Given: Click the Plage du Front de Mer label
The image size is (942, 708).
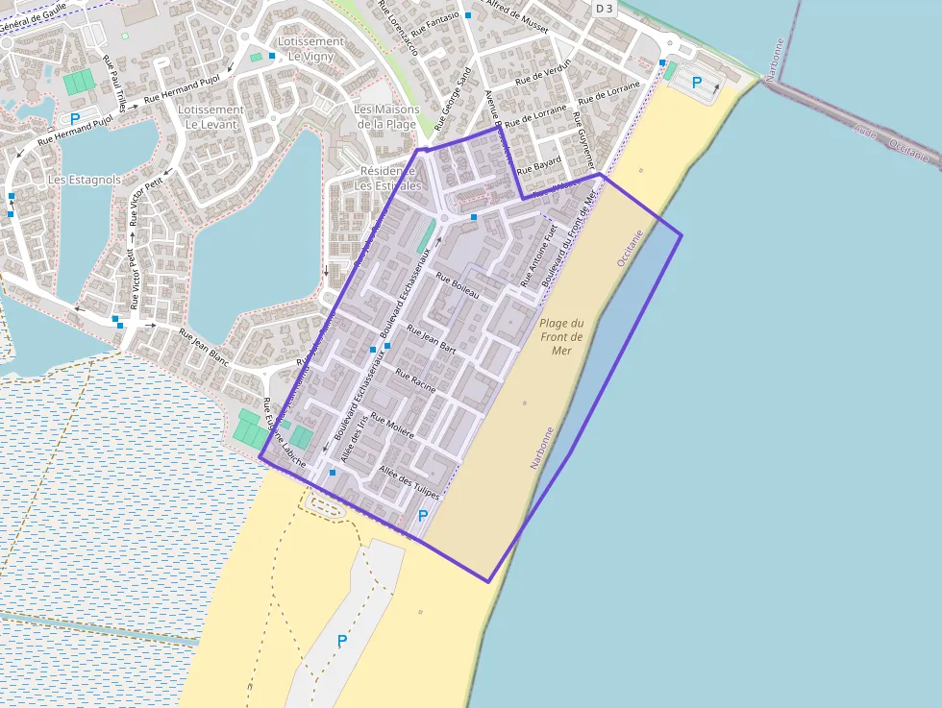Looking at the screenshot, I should pyautogui.click(x=562, y=337).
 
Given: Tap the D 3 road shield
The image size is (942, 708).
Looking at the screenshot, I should pyautogui.click(x=604, y=9).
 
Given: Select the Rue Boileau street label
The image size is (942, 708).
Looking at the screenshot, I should pyautogui.click(x=458, y=285).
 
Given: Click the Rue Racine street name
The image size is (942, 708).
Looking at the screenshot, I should pyautogui.click(x=415, y=381).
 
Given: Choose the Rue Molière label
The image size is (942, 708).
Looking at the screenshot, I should pyautogui.click(x=392, y=427).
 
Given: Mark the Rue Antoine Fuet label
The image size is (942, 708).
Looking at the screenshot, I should pyautogui.click(x=538, y=256).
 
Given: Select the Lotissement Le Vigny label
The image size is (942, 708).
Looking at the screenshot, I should pyautogui.click(x=310, y=49).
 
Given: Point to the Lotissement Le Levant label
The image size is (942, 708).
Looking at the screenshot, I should pyautogui.click(x=211, y=116).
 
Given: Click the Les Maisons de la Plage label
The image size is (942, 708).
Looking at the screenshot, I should pyautogui.click(x=385, y=116).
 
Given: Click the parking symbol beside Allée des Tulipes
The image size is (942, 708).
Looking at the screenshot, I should pyautogui.click(x=423, y=516).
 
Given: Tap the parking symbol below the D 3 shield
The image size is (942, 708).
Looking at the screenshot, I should pyautogui.click(x=697, y=83).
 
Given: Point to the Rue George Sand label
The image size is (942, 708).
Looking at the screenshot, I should pyautogui.click(x=454, y=99).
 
